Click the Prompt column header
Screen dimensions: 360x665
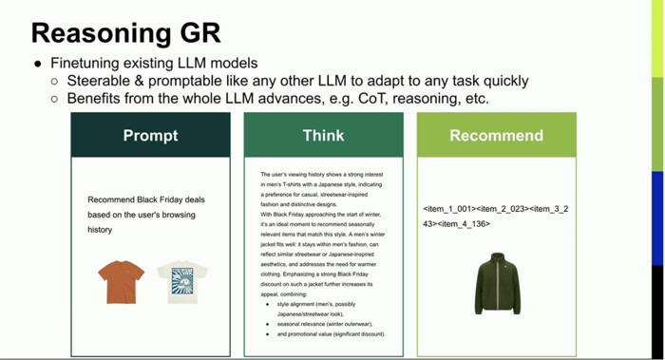(150, 136)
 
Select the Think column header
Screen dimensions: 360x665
(323, 136)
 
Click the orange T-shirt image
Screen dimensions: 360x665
(121, 281)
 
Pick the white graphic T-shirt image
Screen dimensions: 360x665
(181, 282)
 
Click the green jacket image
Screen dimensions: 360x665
(497, 282)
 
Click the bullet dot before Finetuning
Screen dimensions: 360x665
(37, 64)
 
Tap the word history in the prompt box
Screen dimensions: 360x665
(101, 230)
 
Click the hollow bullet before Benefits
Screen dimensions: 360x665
(55, 99)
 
